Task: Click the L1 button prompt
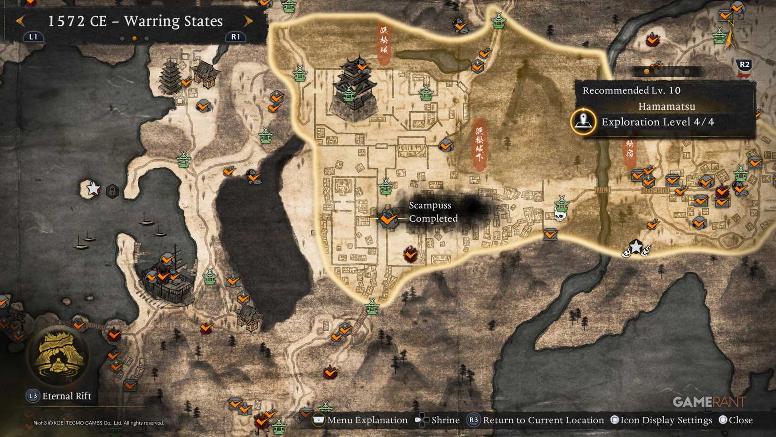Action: point(33,37)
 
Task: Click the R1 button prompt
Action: point(236,37)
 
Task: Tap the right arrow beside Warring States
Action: point(248,21)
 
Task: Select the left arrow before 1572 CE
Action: point(20,21)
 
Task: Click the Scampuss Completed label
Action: point(433,212)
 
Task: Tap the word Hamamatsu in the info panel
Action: point(666,106)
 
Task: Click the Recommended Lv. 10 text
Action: point(631,90)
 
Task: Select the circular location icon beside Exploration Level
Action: point(583,121)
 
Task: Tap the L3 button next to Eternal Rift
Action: point(32,396)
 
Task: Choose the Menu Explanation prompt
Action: point(367,420)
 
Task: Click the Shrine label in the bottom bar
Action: point(445,420)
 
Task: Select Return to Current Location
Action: point(543,420)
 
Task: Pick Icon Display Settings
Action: point(666,420)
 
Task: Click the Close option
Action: point(740,420)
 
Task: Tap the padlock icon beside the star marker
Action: point(112,191)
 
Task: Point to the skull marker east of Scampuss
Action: point(560,216)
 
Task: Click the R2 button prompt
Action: point(744,65)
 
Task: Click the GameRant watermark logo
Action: point(709,402)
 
